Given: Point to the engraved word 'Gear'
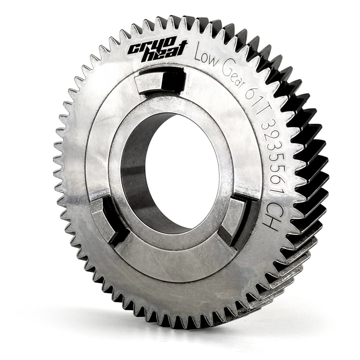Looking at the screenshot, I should click(x=234, y=76).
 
